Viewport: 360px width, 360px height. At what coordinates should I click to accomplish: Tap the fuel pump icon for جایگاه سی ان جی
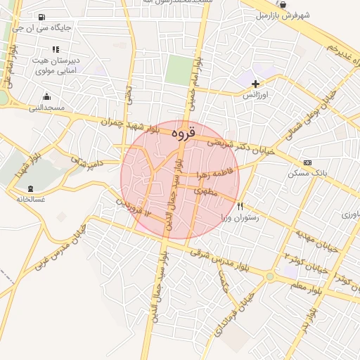44,18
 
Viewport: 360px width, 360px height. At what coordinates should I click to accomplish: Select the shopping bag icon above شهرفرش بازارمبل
282,4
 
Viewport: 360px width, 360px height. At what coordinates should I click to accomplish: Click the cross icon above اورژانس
255,84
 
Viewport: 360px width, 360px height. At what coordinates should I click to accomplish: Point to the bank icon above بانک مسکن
307,162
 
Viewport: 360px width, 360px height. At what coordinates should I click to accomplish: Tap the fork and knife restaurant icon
240,207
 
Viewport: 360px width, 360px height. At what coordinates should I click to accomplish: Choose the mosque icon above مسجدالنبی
47,97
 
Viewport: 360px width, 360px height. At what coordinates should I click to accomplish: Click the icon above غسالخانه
30,188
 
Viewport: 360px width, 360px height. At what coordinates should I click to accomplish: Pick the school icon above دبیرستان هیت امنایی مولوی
56,49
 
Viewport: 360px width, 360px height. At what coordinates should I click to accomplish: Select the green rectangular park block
179,70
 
